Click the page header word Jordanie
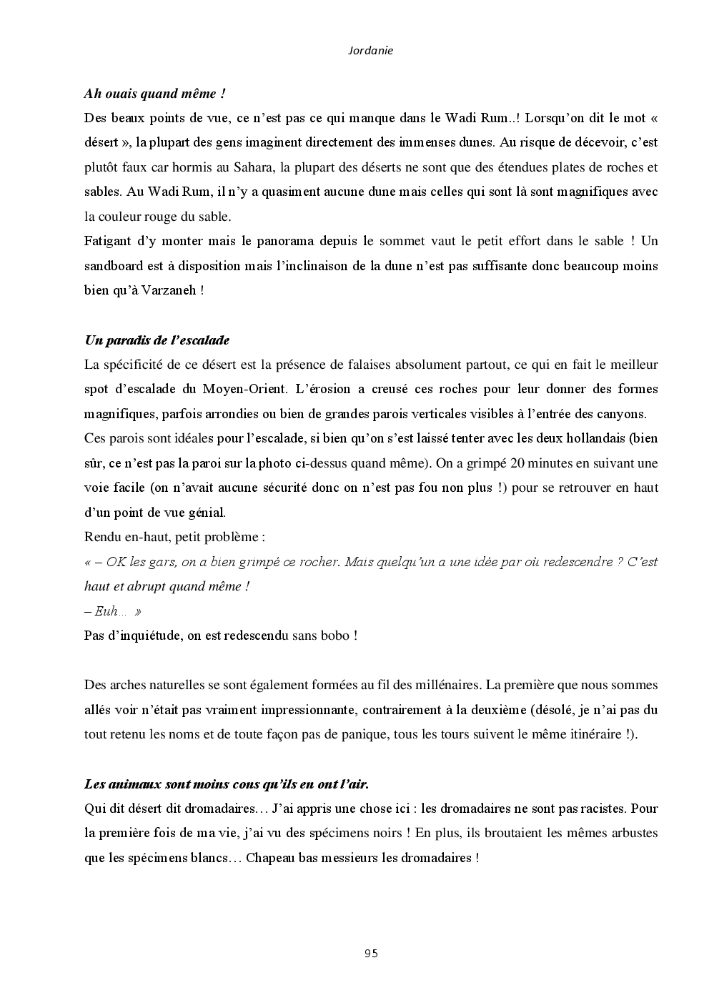click(370, 51)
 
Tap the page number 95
click(371, 953)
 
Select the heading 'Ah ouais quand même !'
click(155, 93)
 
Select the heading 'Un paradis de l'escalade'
click(157, 340)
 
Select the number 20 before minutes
click(520, 463)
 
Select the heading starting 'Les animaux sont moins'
click(227, 784)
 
